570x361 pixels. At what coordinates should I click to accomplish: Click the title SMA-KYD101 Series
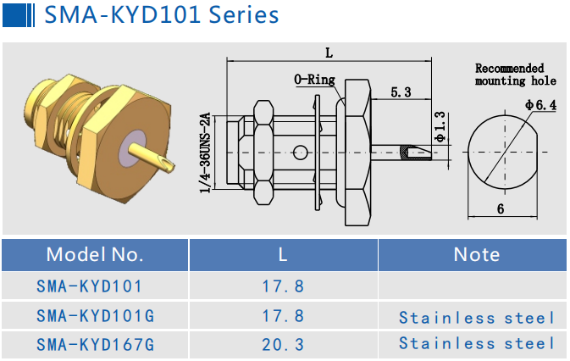(161, 16)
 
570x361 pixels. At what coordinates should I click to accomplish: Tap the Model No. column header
(95, 254)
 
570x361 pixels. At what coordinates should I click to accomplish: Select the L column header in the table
(284, 254)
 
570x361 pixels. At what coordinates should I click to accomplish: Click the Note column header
(476, 254)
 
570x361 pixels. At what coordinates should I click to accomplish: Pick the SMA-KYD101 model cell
(89, 286)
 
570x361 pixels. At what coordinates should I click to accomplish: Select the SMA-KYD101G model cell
(95, 316)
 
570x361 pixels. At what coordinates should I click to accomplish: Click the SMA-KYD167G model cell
(95, 344)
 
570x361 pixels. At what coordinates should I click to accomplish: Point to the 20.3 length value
(284, 344)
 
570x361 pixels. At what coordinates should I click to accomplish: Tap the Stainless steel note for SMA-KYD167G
(477, 344)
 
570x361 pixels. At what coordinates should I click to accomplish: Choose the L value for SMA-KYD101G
(284, 316)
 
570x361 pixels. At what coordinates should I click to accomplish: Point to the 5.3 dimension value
(401, 92)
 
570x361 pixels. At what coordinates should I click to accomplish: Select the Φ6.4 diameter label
(540, 105)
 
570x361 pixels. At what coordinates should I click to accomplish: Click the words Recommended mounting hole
(515, 75)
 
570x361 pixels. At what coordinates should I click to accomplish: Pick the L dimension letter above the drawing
(329, 53)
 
